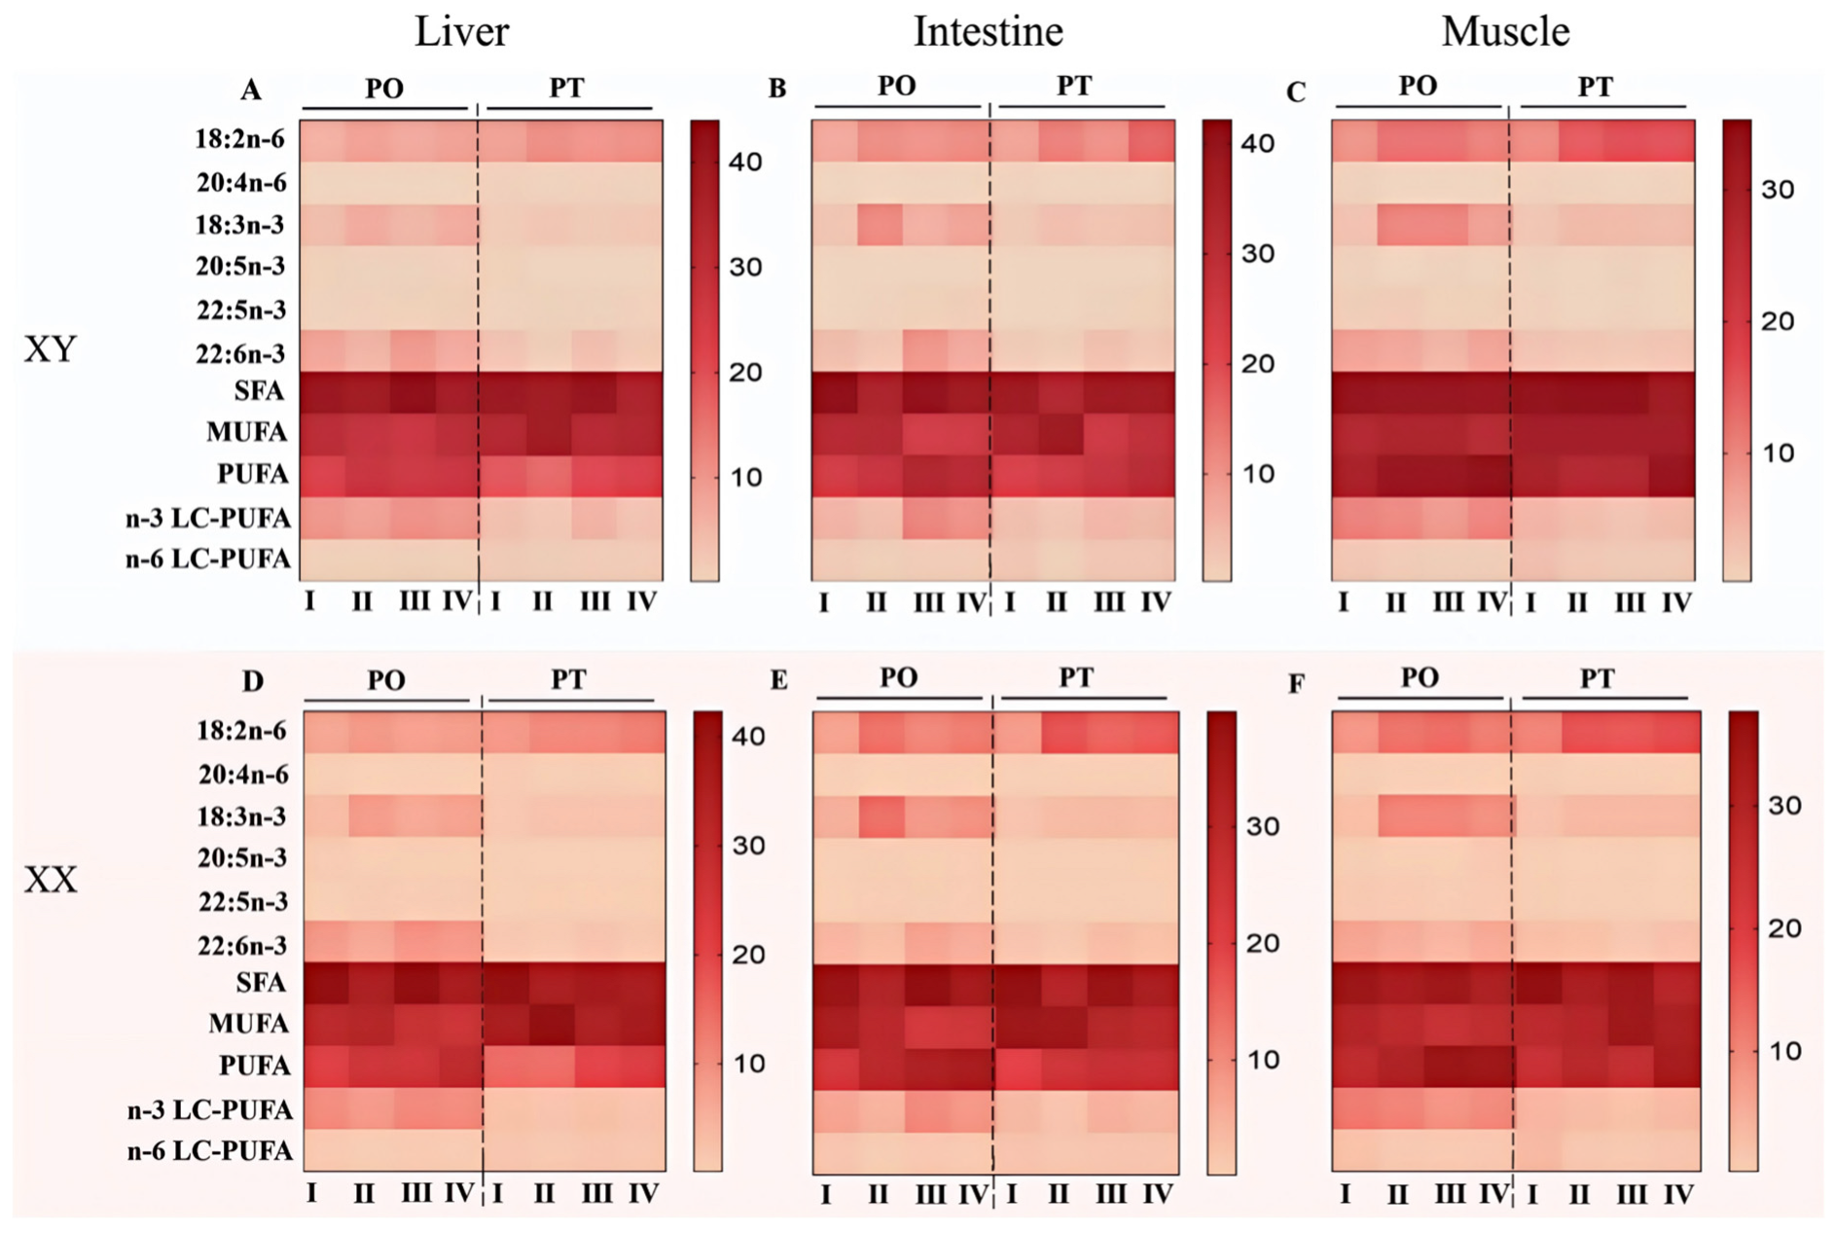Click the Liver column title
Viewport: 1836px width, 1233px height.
point(461,32)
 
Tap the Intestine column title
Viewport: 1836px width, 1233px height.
point(988,32)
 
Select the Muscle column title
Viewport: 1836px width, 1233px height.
point(1505,32)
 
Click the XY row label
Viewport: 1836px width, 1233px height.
point(50,349)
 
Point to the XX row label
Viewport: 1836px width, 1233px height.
point(50,881)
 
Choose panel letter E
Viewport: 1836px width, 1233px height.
point(778,680)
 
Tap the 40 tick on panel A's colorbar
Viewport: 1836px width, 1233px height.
point(746,162)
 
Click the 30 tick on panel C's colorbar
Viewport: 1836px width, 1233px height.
point(1778,190)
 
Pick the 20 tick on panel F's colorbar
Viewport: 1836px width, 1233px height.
point(1784,928)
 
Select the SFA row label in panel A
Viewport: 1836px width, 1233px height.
point(259,391)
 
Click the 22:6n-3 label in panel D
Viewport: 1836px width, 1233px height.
point(242,945)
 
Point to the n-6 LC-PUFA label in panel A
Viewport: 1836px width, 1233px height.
point(208,560)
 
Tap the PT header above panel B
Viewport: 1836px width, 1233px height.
point(1074,87)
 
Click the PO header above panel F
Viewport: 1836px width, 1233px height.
point(1420,678)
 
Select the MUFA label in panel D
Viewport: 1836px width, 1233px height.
point(249,1024)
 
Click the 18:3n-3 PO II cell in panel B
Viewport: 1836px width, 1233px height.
point(881,226)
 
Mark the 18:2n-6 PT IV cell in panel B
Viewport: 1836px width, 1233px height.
point(1152,141)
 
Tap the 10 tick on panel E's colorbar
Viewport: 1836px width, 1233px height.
point(1263,1060)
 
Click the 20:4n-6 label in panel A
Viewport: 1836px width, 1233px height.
point(242,183)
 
